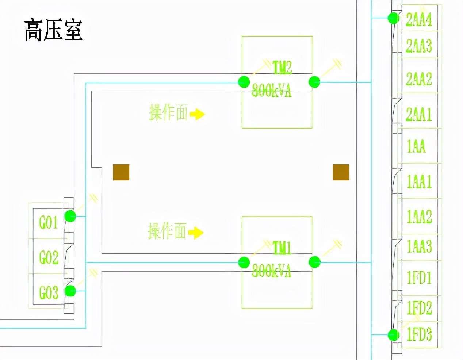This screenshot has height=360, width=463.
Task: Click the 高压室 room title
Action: (x=53, y=30)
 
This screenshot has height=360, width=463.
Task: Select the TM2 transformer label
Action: (x=282, y=67)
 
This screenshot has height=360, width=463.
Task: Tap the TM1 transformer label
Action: (x=282, y=248)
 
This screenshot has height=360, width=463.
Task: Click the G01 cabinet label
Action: (x=48, y=222)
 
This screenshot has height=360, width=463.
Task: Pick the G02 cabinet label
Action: (x=49, y=257)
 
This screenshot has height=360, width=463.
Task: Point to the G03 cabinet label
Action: (x=49, y=292)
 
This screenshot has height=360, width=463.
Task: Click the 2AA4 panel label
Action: (x=419, y=19)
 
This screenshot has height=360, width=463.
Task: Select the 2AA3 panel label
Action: (x=419, y=46)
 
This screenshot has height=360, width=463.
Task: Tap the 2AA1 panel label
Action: (x=419, y=114)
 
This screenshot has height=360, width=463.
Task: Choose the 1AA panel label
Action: (x=416, y=146)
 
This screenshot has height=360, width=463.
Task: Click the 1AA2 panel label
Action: (x=419, y=216)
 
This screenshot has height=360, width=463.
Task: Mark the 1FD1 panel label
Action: (x=419, y=277)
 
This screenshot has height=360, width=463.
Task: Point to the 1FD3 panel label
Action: (x=419, y=334)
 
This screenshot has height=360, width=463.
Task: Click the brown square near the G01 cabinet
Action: (x=121, y=172)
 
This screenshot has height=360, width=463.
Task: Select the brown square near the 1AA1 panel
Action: (x=341, y=172)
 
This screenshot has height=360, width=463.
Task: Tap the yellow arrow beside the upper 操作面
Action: (x=197, y=114)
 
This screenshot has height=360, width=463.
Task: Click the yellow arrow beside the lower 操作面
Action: (x=196, y=232)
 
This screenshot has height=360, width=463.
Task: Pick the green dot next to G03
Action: (x=70, y=291)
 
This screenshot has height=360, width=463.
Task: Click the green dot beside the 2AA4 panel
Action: (x=393, y=18)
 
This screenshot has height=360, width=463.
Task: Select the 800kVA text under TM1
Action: (x=272, y=271)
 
